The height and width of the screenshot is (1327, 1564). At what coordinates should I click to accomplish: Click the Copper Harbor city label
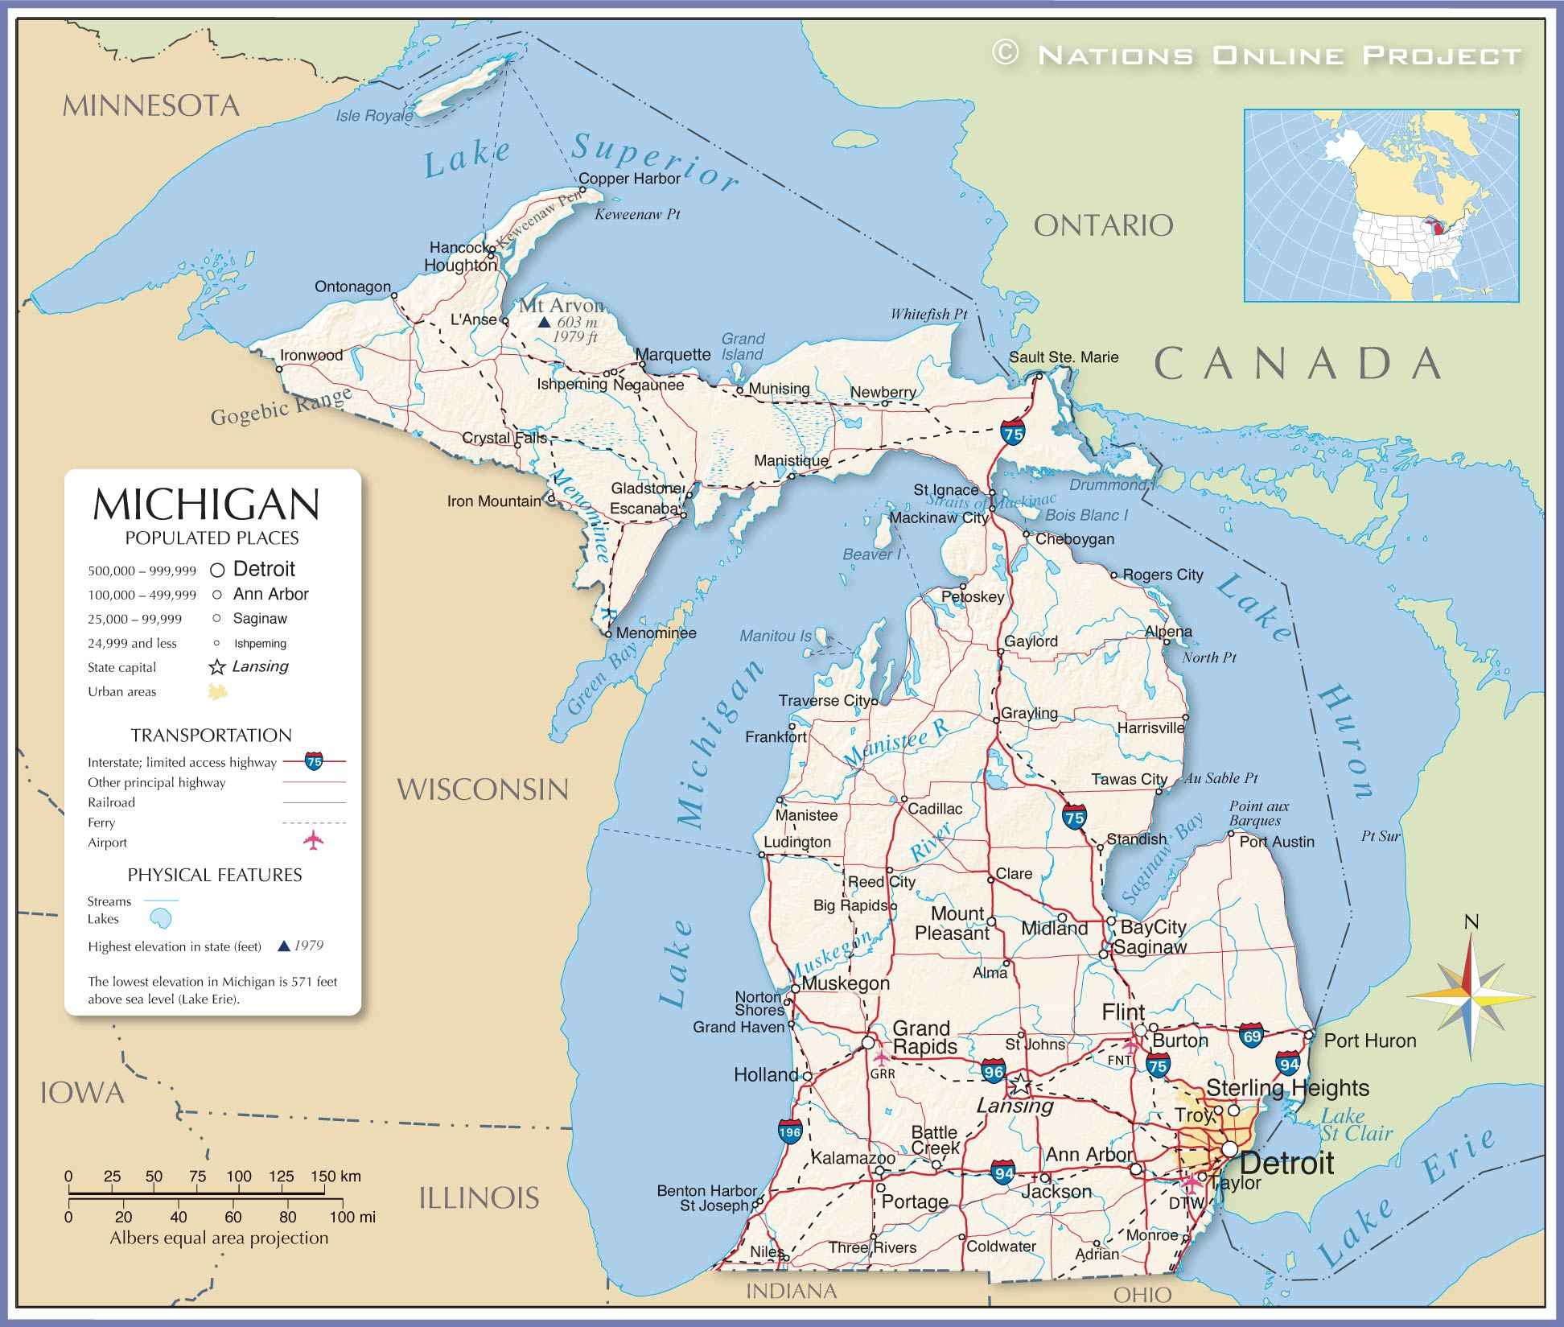629,179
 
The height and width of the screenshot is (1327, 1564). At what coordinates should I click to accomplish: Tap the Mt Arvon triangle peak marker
544,322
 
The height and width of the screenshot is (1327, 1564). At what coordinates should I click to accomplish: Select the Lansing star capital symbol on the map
1020,1084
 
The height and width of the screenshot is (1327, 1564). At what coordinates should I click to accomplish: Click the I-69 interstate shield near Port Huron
1251,1035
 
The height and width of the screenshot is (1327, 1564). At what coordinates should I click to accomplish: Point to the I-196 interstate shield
790,1131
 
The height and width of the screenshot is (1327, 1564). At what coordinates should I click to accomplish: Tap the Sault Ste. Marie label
1064,357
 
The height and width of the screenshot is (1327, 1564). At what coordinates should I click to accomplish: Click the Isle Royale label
374,116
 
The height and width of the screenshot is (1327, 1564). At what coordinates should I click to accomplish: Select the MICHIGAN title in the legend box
207,505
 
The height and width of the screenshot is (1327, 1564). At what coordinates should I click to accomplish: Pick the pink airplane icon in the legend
313,840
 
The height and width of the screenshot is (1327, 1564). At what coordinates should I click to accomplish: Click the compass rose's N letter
1471,922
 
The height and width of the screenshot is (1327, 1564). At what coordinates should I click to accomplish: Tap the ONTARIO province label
1103,226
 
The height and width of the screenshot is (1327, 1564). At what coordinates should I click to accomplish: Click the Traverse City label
824,701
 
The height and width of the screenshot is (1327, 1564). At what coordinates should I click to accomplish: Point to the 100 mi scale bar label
352,1217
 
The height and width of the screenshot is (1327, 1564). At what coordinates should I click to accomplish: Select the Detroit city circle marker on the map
1229,1149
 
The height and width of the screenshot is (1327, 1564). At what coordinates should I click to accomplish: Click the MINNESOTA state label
151,106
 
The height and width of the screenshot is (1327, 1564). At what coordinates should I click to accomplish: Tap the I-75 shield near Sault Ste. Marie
1013,432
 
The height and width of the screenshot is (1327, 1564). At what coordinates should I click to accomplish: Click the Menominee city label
656,633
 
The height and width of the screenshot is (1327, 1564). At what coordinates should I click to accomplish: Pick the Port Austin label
1277,842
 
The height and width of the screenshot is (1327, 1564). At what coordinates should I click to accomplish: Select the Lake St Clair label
1356,1125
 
